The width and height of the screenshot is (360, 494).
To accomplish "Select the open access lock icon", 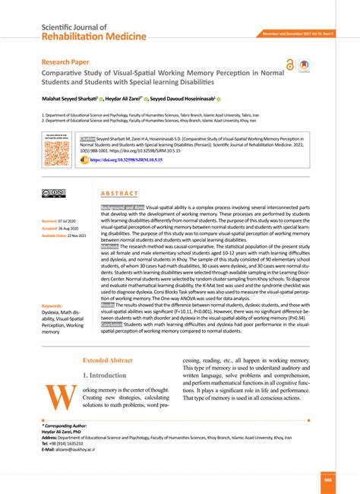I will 290,65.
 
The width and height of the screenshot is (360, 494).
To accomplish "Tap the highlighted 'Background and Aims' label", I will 122,207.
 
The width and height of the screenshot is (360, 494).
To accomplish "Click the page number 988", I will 327,479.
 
